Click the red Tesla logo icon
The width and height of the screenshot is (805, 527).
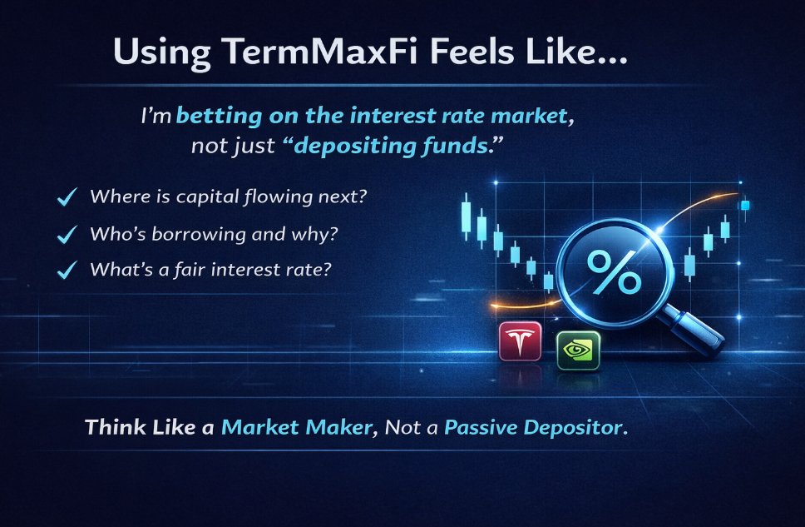coord(520,342)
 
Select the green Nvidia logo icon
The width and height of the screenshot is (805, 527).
coord(578,351)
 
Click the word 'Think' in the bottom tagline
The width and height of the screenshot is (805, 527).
coord(113,428)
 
